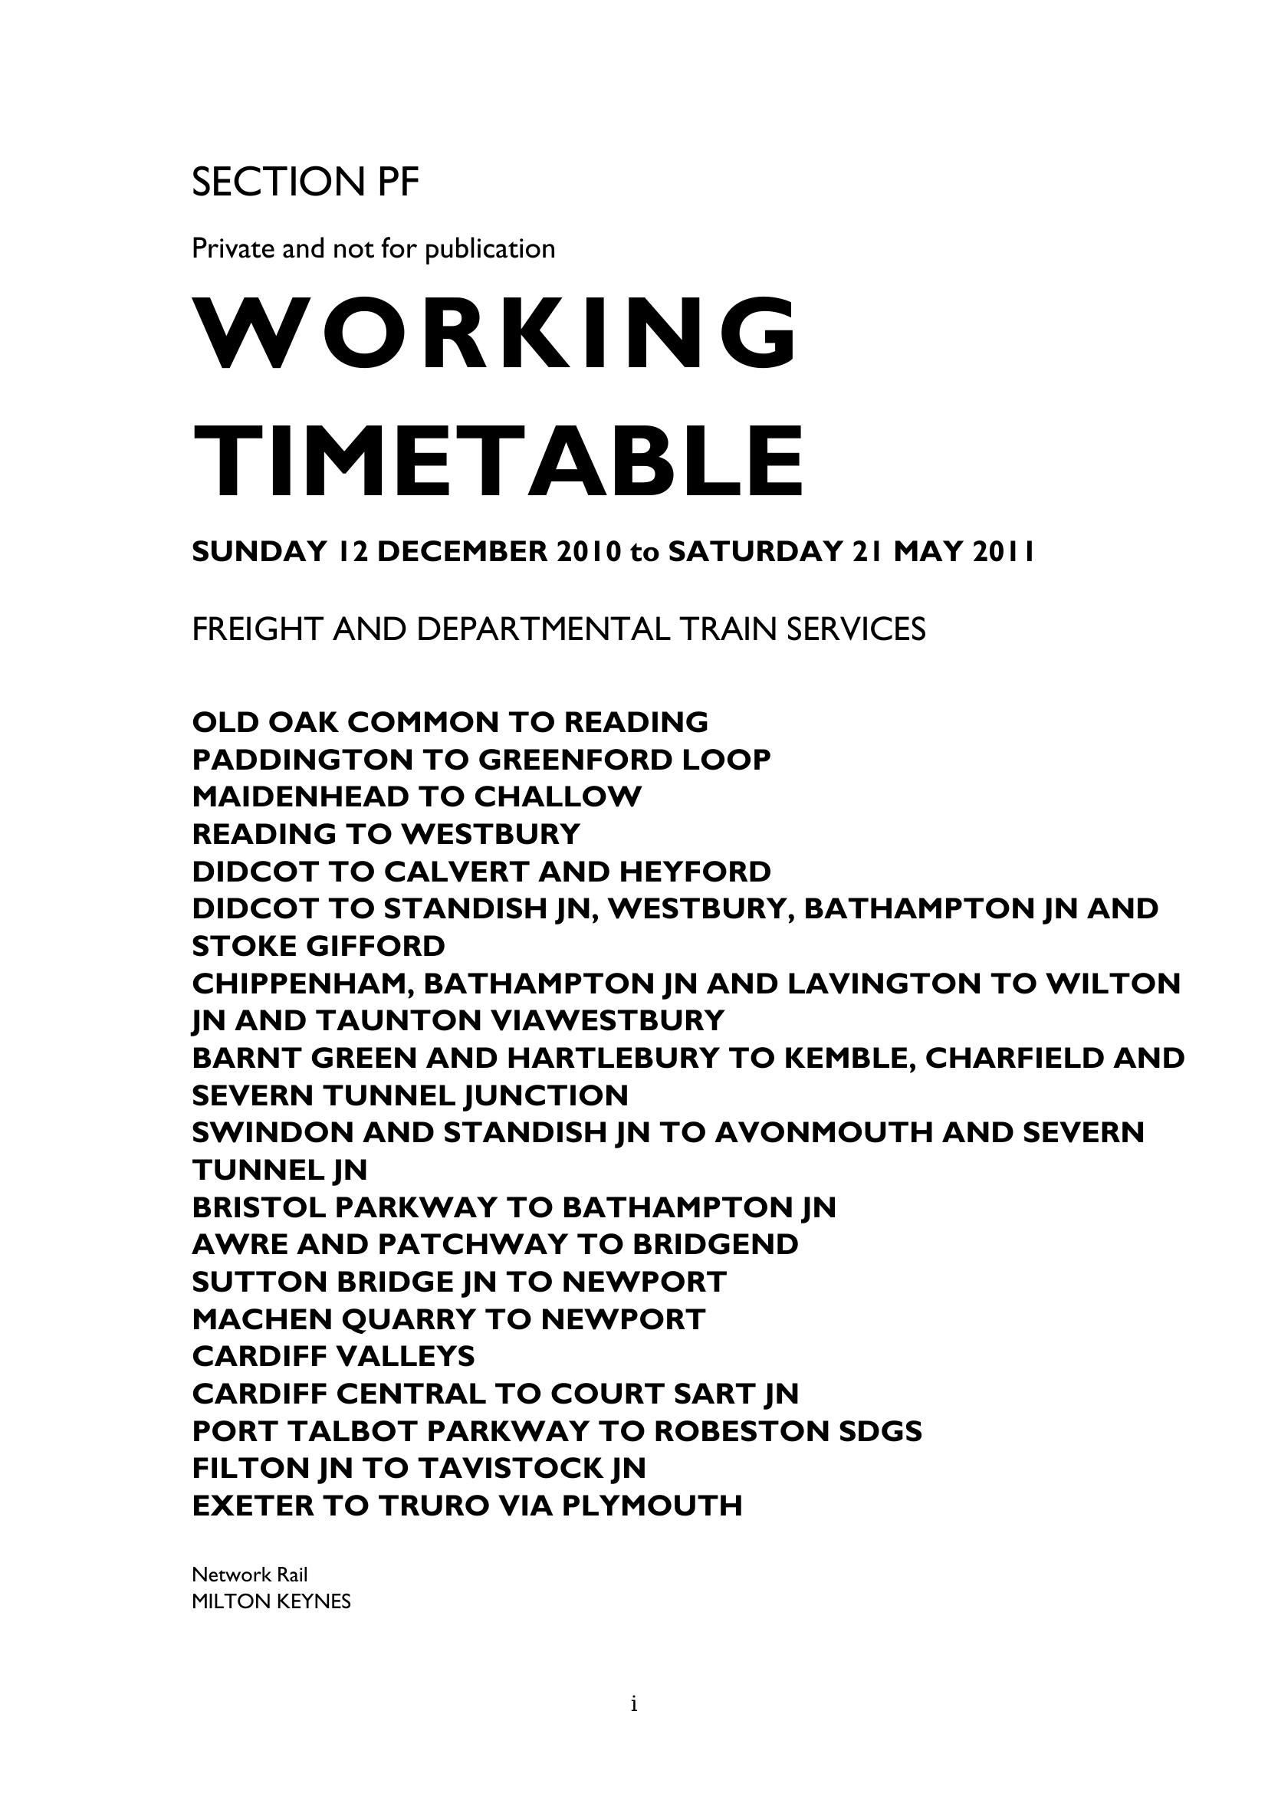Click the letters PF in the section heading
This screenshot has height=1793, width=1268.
[x=399, y=182]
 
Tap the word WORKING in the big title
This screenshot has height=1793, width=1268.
[x=496, y=334]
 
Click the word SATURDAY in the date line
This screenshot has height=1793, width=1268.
[x=754, y=552]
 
